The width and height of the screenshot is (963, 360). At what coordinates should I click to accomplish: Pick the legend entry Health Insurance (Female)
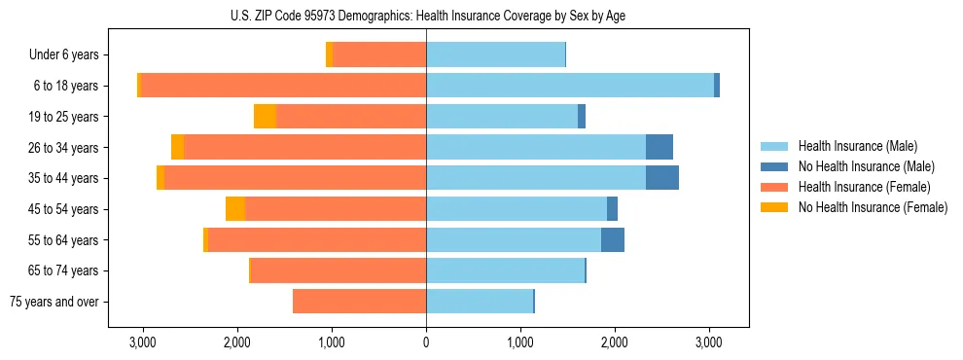pos(858,187)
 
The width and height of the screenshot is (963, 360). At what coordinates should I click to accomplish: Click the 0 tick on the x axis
pos(426,343)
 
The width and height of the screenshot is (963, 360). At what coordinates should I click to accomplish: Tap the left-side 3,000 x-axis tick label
pos(143,343)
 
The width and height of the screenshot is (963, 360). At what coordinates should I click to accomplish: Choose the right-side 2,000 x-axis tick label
pos(615,343)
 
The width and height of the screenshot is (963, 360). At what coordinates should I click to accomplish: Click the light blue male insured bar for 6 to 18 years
pos(570,86)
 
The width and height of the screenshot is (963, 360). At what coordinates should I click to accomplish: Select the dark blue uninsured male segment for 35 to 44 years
pos(661,178)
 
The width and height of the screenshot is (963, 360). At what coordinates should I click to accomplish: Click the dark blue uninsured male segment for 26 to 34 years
pos(659,147)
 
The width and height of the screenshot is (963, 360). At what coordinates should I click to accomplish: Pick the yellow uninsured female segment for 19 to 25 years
pos(265,117)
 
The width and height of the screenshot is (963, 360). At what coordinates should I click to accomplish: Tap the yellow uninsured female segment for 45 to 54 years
pos(235,209)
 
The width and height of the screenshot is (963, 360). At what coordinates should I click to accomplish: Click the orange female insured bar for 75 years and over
pos(359,302)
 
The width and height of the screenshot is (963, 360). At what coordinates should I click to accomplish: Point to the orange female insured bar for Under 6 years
pos(379,55)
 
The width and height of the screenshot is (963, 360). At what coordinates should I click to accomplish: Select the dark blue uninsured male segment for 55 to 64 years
pos(612,239)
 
